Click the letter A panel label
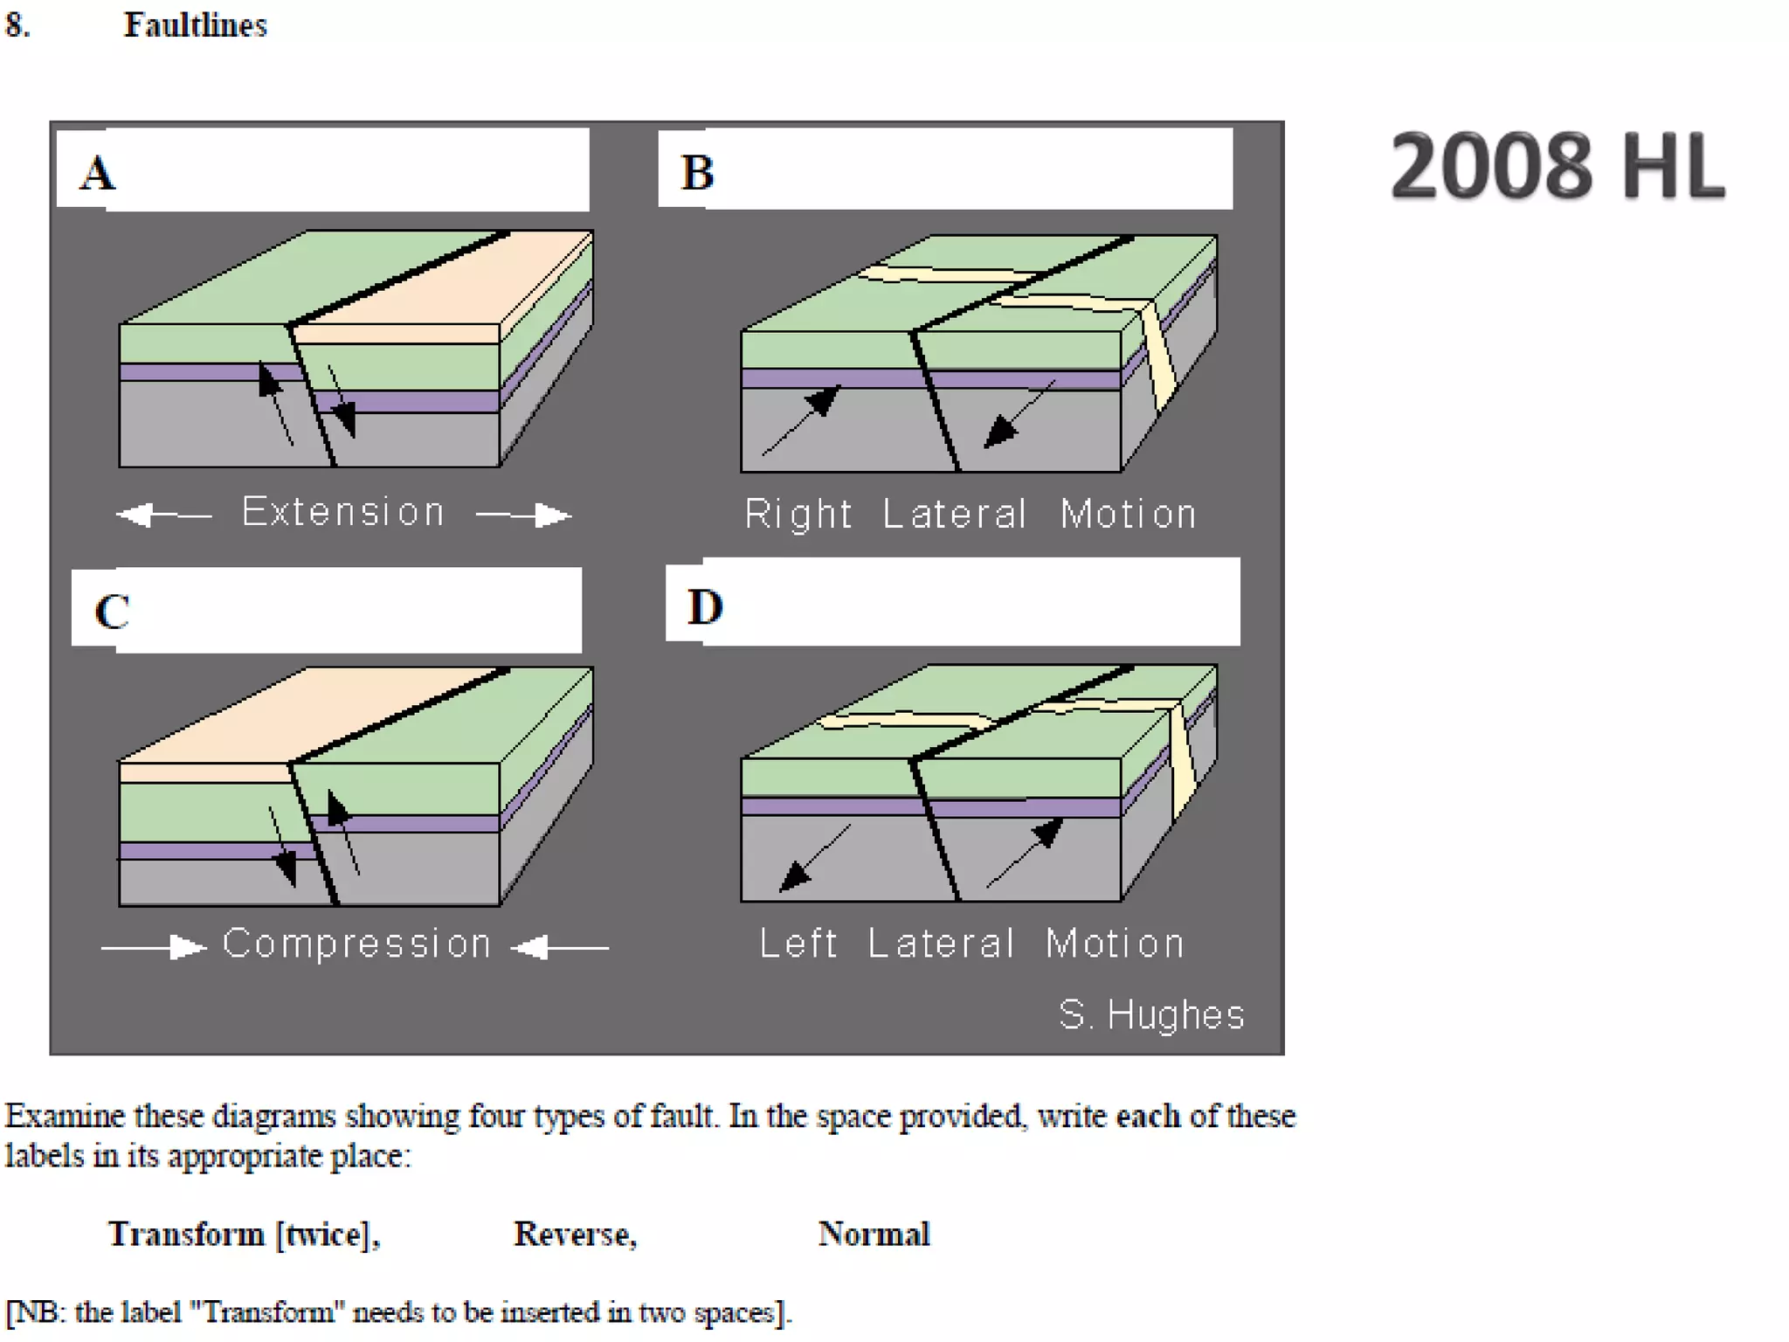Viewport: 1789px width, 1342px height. click(98, 173)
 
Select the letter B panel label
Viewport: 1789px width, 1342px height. click(697, 172)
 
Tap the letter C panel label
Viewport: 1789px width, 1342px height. click(112, 612)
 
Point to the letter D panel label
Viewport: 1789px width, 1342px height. click(705, 606)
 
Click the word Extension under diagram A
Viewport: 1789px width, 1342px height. click(343, 512)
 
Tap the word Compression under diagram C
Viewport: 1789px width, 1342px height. click(356, 944)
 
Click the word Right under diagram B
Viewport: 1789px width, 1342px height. click(798, 514)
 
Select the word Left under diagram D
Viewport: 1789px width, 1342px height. click(798, 944)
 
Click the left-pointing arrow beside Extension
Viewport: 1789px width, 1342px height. click(164, 515)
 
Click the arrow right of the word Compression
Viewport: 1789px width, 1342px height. click(560, 946)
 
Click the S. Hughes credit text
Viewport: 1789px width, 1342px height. click(1151, 1014)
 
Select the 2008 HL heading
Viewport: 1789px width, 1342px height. click(1558, 166)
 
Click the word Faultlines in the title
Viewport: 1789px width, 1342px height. click(196, 25)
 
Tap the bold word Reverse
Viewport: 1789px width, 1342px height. click(574, 1234)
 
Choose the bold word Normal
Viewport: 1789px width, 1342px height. click(874, 1234)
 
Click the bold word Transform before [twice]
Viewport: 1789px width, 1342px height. click(186, 1234)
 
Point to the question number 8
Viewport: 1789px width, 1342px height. click(17, 25)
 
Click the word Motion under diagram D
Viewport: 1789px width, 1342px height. click(1115, 944)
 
